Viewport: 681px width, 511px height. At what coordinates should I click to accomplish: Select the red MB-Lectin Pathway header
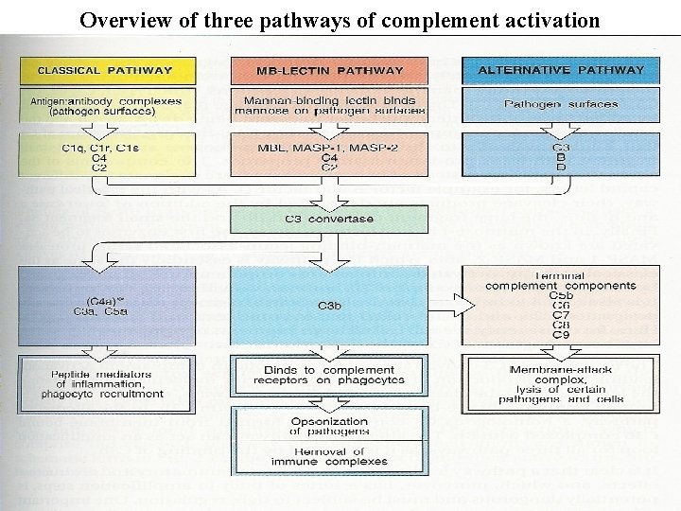tap(329, 70)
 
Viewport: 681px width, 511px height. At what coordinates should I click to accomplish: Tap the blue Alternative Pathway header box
tap(561, 70)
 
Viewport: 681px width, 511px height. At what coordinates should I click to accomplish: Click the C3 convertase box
tap(329, 219)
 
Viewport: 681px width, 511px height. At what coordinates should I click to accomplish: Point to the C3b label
tap(329, 305)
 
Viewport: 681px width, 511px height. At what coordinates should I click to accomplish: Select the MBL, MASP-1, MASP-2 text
tap(329, 148)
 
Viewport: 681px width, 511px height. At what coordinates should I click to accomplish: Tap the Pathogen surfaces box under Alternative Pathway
tap(561, 104)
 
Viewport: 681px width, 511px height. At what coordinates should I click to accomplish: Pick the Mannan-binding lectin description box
tap(329, 104)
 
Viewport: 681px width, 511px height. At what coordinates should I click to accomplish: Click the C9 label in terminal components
tap(561, 333)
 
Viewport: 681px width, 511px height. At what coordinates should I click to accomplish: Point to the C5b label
tap(561, 295)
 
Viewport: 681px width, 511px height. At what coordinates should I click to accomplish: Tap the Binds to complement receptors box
tap(329, 375)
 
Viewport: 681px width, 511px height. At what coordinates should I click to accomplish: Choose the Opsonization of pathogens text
tap(329, 426)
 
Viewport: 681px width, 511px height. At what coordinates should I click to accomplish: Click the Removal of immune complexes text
tap(329, 456)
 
